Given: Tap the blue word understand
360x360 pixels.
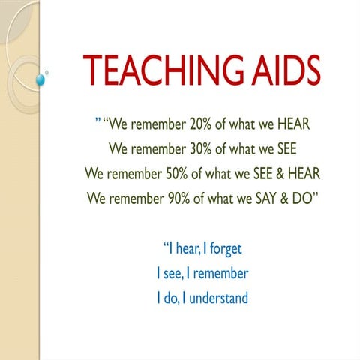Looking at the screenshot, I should click(217, 298).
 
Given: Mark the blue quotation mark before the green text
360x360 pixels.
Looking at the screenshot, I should click(97, 120).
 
